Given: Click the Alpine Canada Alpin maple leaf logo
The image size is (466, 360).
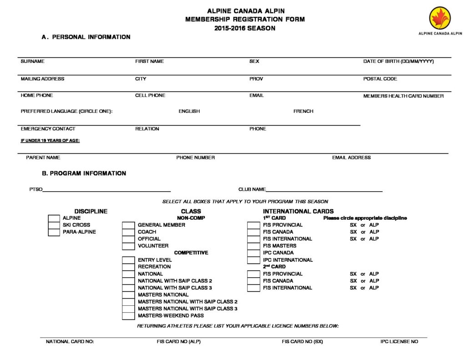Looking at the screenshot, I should pyautogui.click(x=440, y=19).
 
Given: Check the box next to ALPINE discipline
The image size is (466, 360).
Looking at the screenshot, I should pyautogui.click(x=54, y=218).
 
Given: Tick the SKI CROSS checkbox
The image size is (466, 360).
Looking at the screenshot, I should pyautogui.click(x=54, y=225).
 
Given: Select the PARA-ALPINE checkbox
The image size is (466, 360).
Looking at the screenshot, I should pyautogui.click(x=54, y=232).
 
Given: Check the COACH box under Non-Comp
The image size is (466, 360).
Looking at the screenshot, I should pyautogui.click(x=128, y=232).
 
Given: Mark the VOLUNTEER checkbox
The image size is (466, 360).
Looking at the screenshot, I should pyautogui.click(x=128, y=246).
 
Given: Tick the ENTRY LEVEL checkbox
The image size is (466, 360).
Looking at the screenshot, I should pyautogui.click(x=128, y=260).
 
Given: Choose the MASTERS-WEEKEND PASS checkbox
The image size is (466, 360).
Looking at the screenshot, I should pyautogui.click(x=128, y=316).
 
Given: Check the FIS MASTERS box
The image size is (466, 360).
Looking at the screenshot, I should pyautogui.click(x=253, y=246).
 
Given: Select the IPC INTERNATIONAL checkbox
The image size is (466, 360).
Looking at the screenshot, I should pyautogui.click(x=253, y=260).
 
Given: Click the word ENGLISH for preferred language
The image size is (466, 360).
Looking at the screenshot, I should pyautogui.click(x=189, y=112).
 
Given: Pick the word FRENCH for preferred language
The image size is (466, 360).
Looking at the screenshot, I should pyautogui.click(x=303, y=112).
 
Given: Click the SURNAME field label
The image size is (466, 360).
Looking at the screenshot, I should pyautogui.click(x=32, y=61).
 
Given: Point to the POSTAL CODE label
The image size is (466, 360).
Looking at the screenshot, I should pyautogui.click(x=380, y=79).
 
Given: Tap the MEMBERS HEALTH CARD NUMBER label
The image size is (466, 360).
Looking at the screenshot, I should pyautogui.click(x=403, y=96).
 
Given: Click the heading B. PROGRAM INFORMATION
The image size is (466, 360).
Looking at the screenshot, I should pyautogui.click(x=84, y=173).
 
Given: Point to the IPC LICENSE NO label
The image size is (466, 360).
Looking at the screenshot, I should pyautogui.click(x=399, y=341).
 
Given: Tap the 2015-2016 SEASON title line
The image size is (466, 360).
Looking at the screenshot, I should pyautogui.click(x=245, y=28).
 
